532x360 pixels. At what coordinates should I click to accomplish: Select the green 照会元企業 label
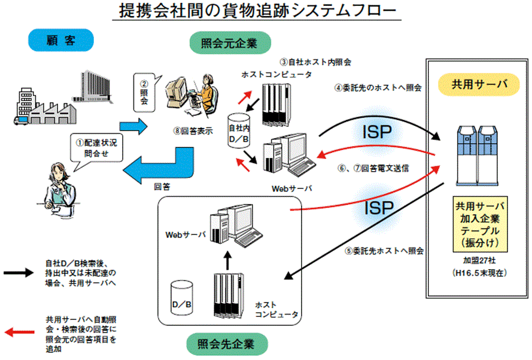tap(229, 43)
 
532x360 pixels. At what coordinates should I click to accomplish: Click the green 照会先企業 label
tap(229, 344)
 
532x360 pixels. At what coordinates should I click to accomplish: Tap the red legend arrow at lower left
tap(21, 330)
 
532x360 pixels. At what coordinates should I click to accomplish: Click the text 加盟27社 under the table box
tap(476, 261)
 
